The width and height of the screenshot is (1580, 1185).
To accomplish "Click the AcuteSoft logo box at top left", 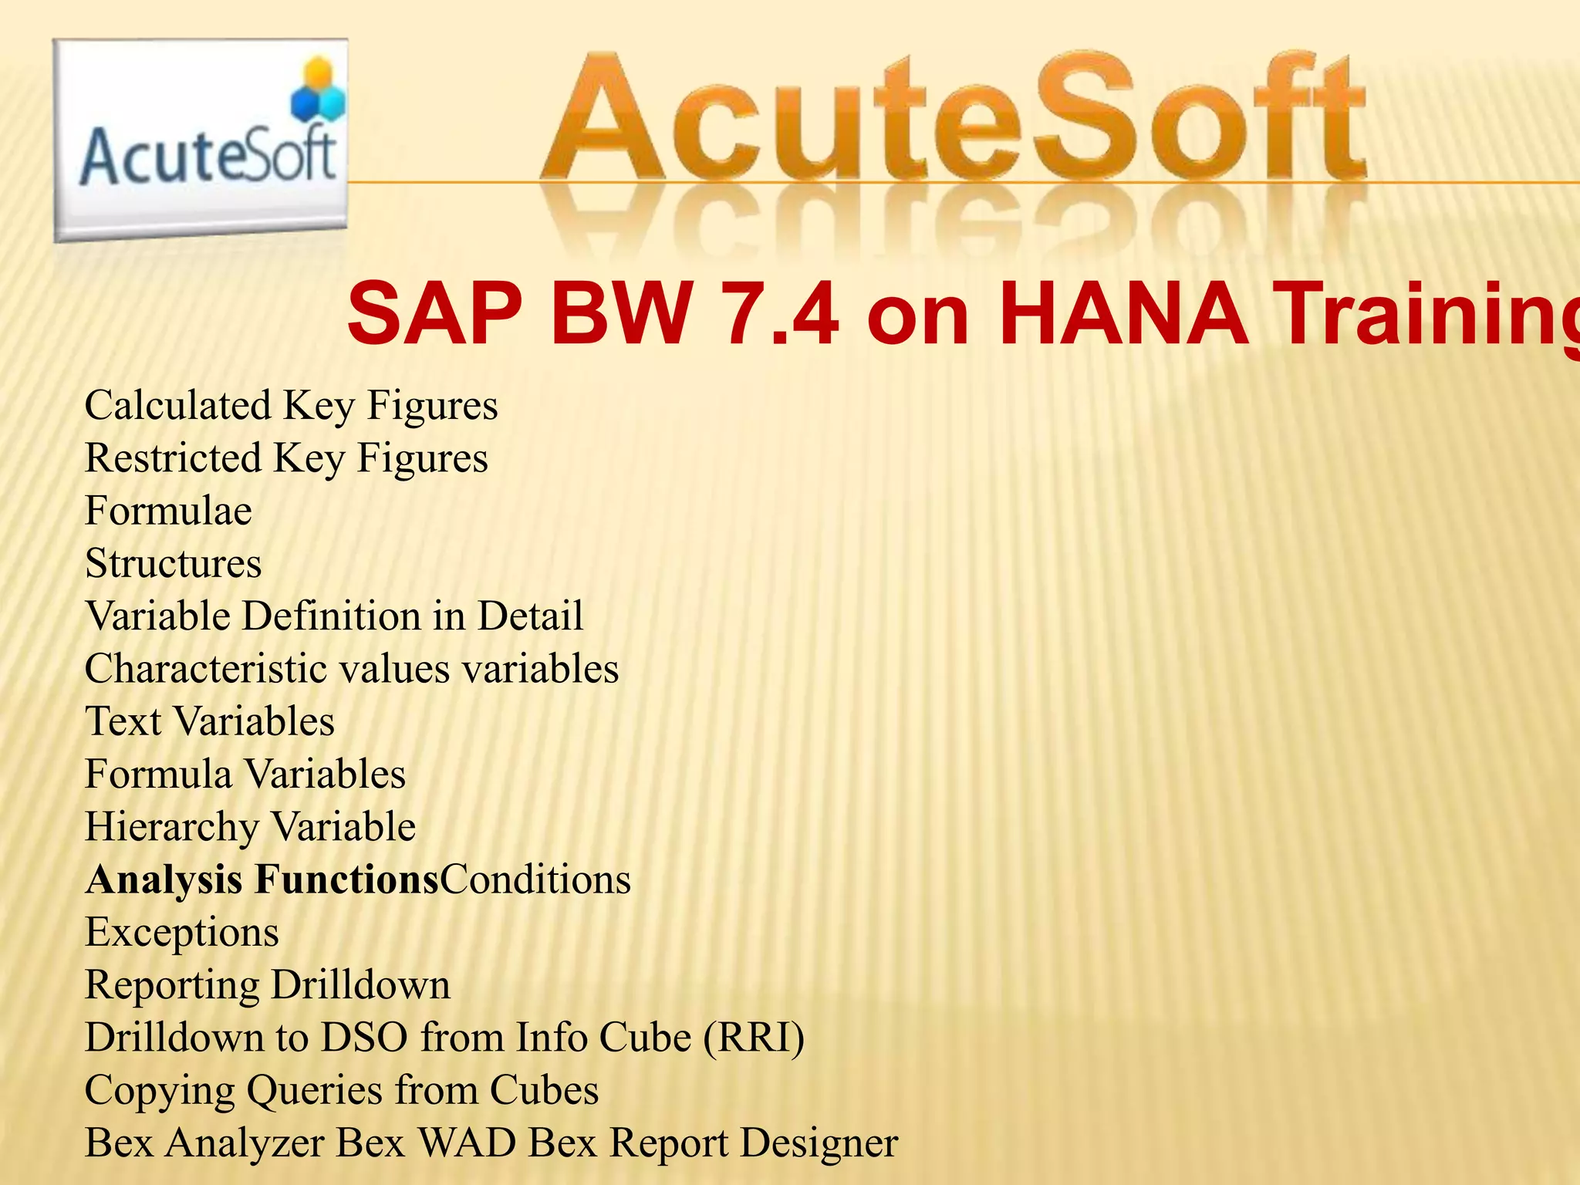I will coord(201,140).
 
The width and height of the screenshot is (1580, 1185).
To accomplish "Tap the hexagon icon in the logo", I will coord(319,91).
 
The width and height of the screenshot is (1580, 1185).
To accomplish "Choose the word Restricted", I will coord(174,457).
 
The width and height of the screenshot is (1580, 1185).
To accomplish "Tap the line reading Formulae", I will coord(168,511).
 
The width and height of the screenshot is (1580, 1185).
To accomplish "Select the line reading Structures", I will coord(174,563).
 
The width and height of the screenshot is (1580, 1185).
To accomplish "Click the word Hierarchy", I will coord(172,827).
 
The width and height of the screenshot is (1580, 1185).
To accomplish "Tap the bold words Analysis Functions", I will coord(262,879).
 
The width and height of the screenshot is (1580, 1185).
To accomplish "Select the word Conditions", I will coord(535,879).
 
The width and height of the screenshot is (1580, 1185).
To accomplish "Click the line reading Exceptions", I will coord(182,932).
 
